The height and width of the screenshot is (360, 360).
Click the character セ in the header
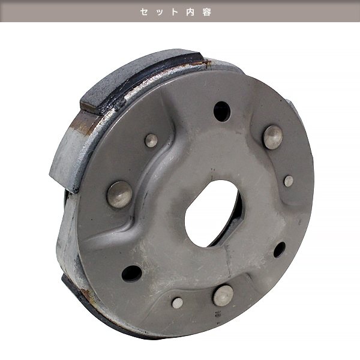coord(144,12)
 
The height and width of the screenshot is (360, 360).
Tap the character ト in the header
coord(175,12)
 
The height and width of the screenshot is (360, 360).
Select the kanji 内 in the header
coord(190,12)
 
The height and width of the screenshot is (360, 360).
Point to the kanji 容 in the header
coord(206,12)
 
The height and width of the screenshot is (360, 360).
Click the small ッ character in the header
coord(160,12)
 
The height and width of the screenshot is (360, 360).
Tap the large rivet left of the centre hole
coord(120,194)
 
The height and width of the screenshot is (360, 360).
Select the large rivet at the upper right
coord(273,137)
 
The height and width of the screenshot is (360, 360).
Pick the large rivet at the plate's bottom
coord(223,296)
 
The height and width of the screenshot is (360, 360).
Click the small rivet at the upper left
coord(151,140)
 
